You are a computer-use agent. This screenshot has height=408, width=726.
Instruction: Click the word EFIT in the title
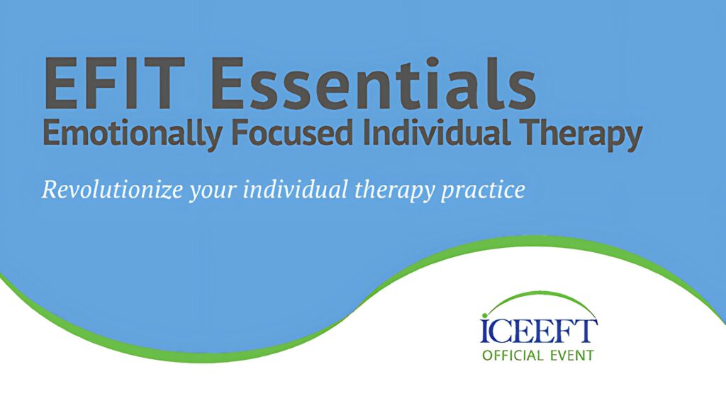(114, 84)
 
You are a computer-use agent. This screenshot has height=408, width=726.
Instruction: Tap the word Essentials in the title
(374, 83)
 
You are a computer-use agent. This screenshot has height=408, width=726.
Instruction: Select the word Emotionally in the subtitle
(132, 134)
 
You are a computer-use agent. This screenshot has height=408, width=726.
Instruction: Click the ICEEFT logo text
(539, 329)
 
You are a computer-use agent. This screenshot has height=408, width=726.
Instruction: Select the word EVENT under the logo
(572, 356)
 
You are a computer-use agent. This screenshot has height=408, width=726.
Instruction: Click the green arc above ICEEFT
(540, 293)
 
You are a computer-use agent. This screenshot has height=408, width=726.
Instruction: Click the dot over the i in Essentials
(432, 62)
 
